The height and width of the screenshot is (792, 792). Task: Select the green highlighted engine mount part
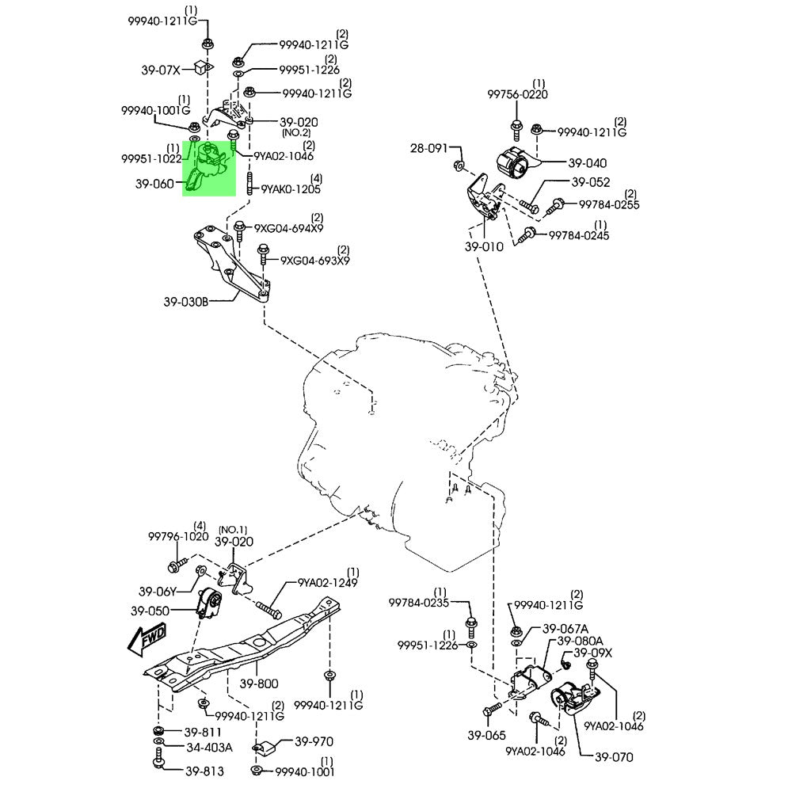209,166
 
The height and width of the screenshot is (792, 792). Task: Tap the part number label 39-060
154,183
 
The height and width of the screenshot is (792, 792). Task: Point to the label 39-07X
162,70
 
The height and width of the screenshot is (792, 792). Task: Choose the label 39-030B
186,302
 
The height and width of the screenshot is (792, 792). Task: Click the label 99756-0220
518,94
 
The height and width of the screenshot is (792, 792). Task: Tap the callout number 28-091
429,148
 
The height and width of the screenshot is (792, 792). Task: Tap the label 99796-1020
178,536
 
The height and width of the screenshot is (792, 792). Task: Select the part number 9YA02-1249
328,583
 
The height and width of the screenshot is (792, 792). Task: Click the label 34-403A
209,747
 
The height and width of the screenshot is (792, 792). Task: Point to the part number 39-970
314,742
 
